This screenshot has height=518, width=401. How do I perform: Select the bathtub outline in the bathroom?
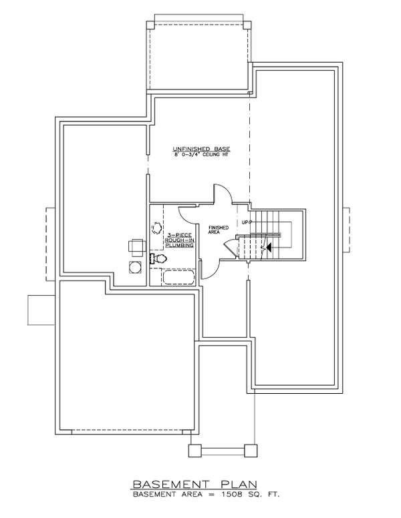click(x=178, y=277)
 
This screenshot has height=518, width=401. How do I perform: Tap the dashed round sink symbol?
click(x=158, y=228)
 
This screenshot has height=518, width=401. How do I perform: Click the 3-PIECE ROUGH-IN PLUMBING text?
click(x=180, y=241)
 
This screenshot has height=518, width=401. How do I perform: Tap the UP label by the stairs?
click(x=245, y=222)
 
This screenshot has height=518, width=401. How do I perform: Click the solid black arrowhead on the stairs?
click(x=269, y=247)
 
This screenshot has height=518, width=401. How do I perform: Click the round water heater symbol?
click(x=136, y=268)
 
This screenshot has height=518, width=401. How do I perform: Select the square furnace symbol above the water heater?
click(x=136, y=246)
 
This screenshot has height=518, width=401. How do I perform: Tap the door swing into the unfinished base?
click(x=223, y=195)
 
